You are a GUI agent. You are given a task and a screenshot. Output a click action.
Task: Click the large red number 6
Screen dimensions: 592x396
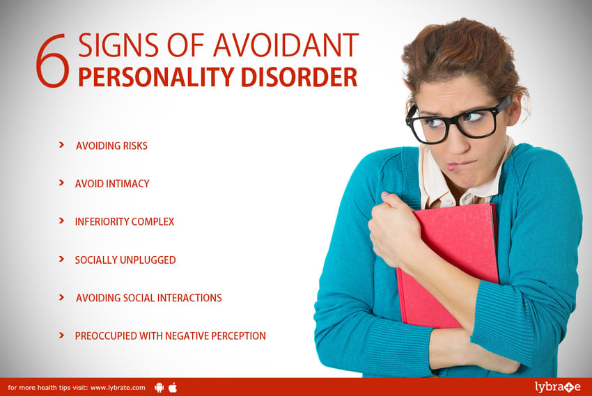coord(53,61)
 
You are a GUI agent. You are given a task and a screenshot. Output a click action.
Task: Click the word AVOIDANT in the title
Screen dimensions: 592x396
coord(286,45)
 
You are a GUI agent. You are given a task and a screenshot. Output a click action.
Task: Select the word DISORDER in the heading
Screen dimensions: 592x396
coord(299,77)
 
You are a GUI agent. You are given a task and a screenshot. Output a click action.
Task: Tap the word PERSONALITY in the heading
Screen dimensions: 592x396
coord(156,77)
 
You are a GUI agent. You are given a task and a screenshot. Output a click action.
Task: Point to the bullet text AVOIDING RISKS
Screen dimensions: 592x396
coord(111,146)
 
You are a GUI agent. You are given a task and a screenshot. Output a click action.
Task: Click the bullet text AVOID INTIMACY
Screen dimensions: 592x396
coord(112,184)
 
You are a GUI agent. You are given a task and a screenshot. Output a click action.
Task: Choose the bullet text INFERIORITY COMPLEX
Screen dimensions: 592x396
coord(125,222)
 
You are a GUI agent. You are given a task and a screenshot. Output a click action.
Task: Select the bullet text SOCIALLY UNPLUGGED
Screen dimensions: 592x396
coord(125,260)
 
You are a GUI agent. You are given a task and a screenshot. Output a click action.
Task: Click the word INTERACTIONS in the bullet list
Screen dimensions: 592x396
coord(189,298)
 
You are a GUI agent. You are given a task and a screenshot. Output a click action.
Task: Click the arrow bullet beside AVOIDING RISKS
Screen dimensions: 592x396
coord(61,145)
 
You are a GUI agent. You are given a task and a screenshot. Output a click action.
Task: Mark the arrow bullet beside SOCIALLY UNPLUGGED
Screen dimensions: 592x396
coord(61,259)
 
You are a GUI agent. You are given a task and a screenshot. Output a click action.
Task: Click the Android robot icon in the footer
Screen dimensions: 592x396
coord(159,388)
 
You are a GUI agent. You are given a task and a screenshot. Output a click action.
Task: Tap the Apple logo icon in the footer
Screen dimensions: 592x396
coord(173,387)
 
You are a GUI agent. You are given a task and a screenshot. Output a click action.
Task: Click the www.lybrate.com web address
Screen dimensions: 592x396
coord(118,388)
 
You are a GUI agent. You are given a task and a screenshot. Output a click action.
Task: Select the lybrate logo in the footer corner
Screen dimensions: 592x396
coord(558,387)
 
